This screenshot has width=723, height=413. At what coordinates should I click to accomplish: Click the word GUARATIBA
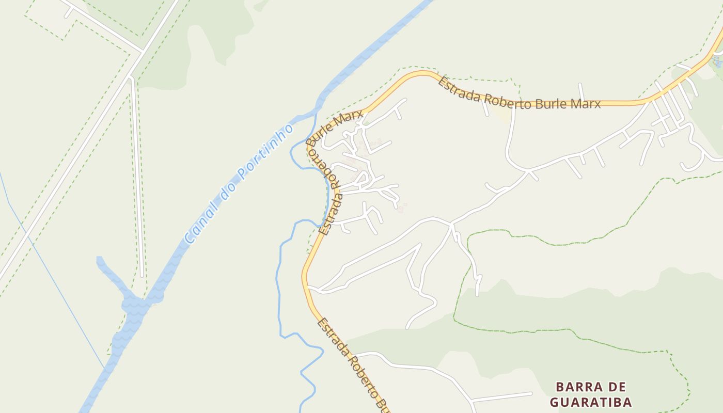(590, 402)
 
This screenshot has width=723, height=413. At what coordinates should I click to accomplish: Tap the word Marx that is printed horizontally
(581, 104)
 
